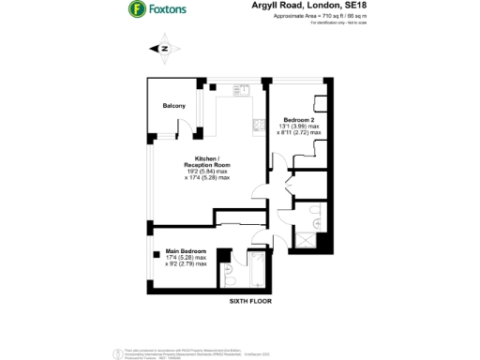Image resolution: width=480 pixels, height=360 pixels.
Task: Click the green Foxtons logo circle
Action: tap(136, 10)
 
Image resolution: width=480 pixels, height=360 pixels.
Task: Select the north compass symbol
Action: tap(165, 48)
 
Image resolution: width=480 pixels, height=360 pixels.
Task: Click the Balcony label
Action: tap(174, 106)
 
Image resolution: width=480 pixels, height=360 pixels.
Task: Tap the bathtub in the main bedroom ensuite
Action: tap(255, 272)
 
